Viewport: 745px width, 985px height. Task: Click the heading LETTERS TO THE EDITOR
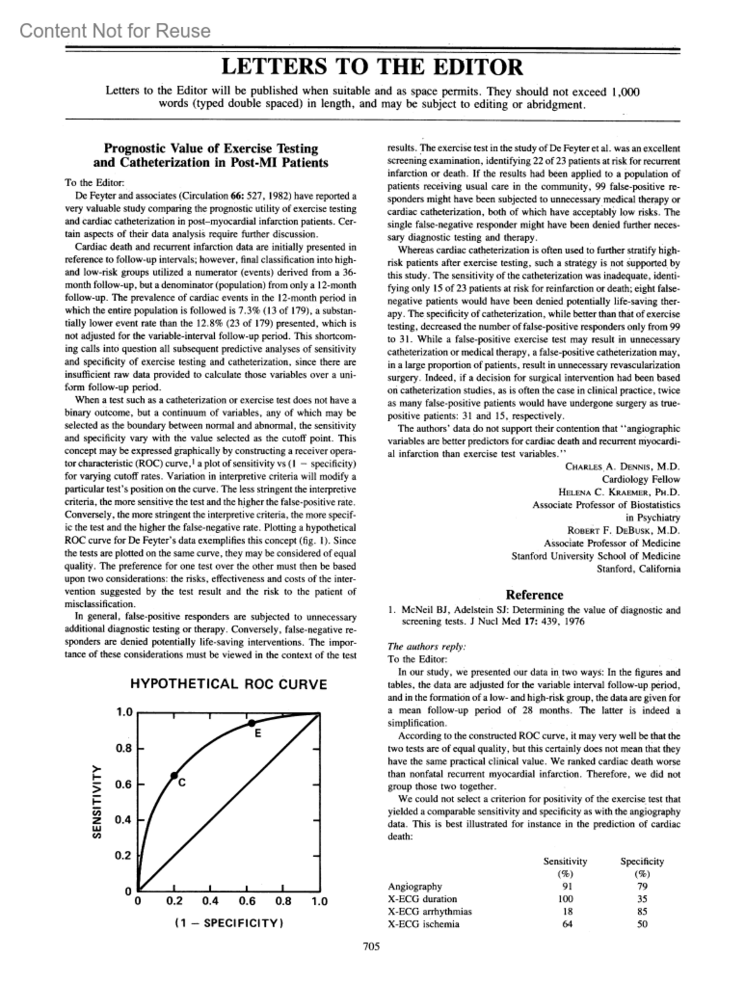click(x=372, y=66)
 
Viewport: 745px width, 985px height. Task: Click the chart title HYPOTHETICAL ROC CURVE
click(x=228, y=685)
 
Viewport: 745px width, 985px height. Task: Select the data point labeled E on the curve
click(x=251, y=723)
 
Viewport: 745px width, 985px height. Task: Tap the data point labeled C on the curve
click(x=174, y=775)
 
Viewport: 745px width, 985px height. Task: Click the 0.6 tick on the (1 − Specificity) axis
click(x=247, y=901)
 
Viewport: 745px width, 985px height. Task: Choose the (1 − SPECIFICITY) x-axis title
click(x=228, y=923)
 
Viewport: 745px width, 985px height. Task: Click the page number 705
click(x=371, y=947)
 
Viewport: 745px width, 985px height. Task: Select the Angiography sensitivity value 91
click(x=566, y=886)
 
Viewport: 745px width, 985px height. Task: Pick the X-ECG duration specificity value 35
click(x=642, y=899)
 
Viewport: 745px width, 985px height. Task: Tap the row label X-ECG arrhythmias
click(x=430, y=912)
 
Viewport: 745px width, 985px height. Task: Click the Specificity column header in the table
click(x=642, y=861)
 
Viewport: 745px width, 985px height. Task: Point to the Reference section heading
click(x=535, y=595)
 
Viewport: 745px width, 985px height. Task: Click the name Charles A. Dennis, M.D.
click(x=623, y=467)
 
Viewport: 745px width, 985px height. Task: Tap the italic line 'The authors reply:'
click(x=427, y=646)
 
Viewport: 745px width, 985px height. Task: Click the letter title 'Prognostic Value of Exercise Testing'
click(x=210, y=149)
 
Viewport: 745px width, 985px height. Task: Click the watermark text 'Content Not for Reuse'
click(x=115, y=30)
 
